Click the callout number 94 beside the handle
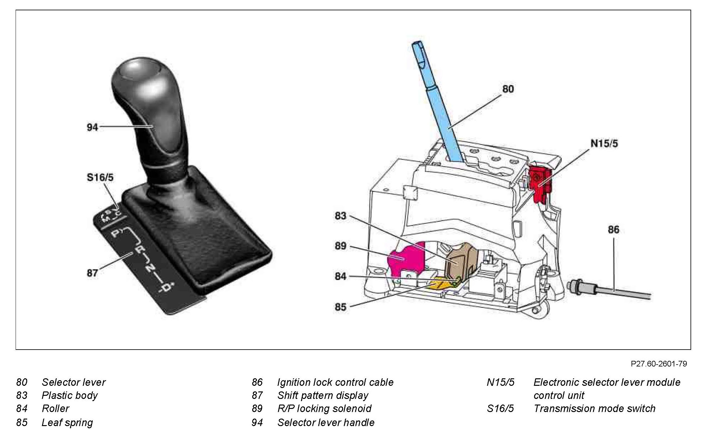coord(92,127)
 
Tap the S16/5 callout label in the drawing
coord(100,178)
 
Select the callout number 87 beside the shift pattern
coord(92,273)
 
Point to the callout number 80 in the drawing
coord(508,89)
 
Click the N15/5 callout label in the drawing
coord(604,144)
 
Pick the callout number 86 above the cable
coord(613,230)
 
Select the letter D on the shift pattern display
coord(167,287)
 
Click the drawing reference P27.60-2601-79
coord(659,364)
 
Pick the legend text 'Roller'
coord(55,409)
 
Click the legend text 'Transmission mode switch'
coord(594,409)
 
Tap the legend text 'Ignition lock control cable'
coord(335,382)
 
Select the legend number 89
coord(257,409)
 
